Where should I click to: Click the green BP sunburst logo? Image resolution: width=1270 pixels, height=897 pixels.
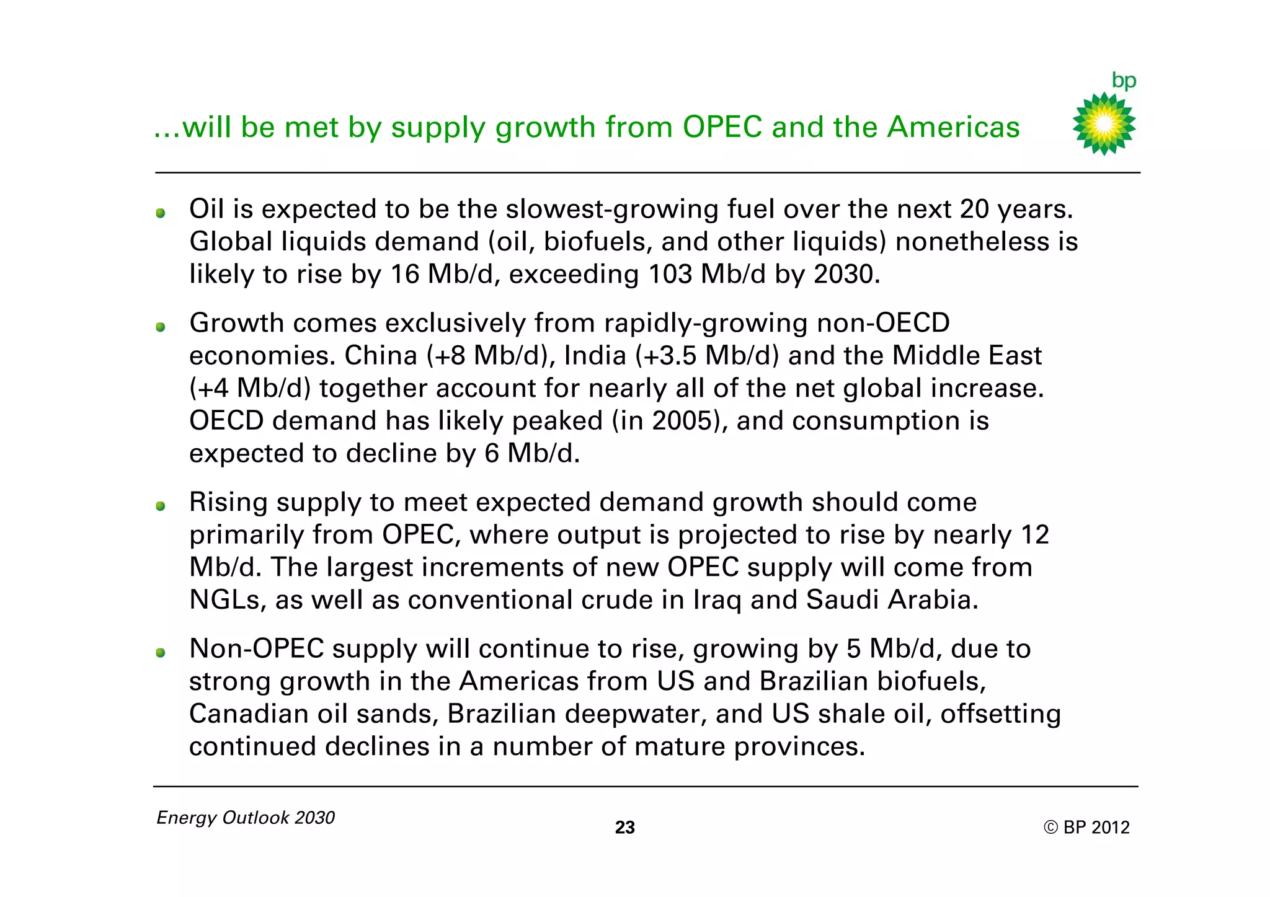(x=1104, y=124)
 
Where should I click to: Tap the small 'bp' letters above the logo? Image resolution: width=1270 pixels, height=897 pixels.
(x=1124, y=81)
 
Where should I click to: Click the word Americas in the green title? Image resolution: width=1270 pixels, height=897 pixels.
(x=954, y=127)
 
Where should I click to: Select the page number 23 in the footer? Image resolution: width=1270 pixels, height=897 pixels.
(x=624, y=828)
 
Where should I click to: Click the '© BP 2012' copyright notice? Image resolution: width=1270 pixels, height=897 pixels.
(x=1086, y=828)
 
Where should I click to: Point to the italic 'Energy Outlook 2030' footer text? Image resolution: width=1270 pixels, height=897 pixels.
(x=246, y=818)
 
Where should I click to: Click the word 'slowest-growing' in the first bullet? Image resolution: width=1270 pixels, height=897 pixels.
(x=612, y=210)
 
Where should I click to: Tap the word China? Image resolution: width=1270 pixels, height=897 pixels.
(x=381, y=356)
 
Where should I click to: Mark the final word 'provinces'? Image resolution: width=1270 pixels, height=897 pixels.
(x=796, y=747)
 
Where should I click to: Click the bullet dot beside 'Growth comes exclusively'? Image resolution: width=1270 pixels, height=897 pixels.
(x=161, y=327)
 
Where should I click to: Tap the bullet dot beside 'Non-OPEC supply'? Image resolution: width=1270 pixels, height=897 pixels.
(x=161, y=653)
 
